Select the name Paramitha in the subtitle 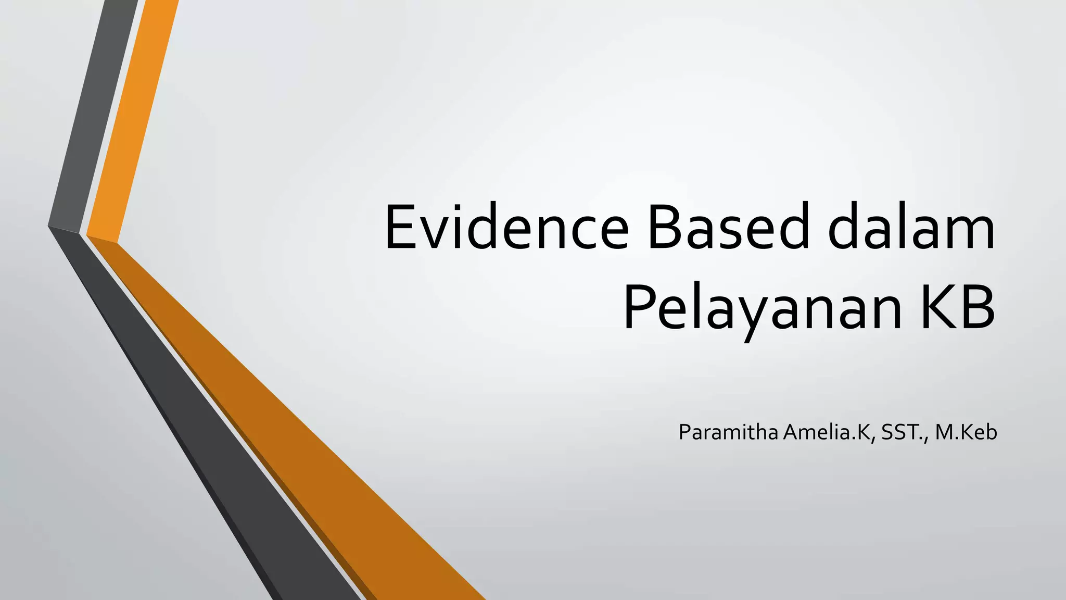[728, 432]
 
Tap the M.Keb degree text [966, 432]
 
